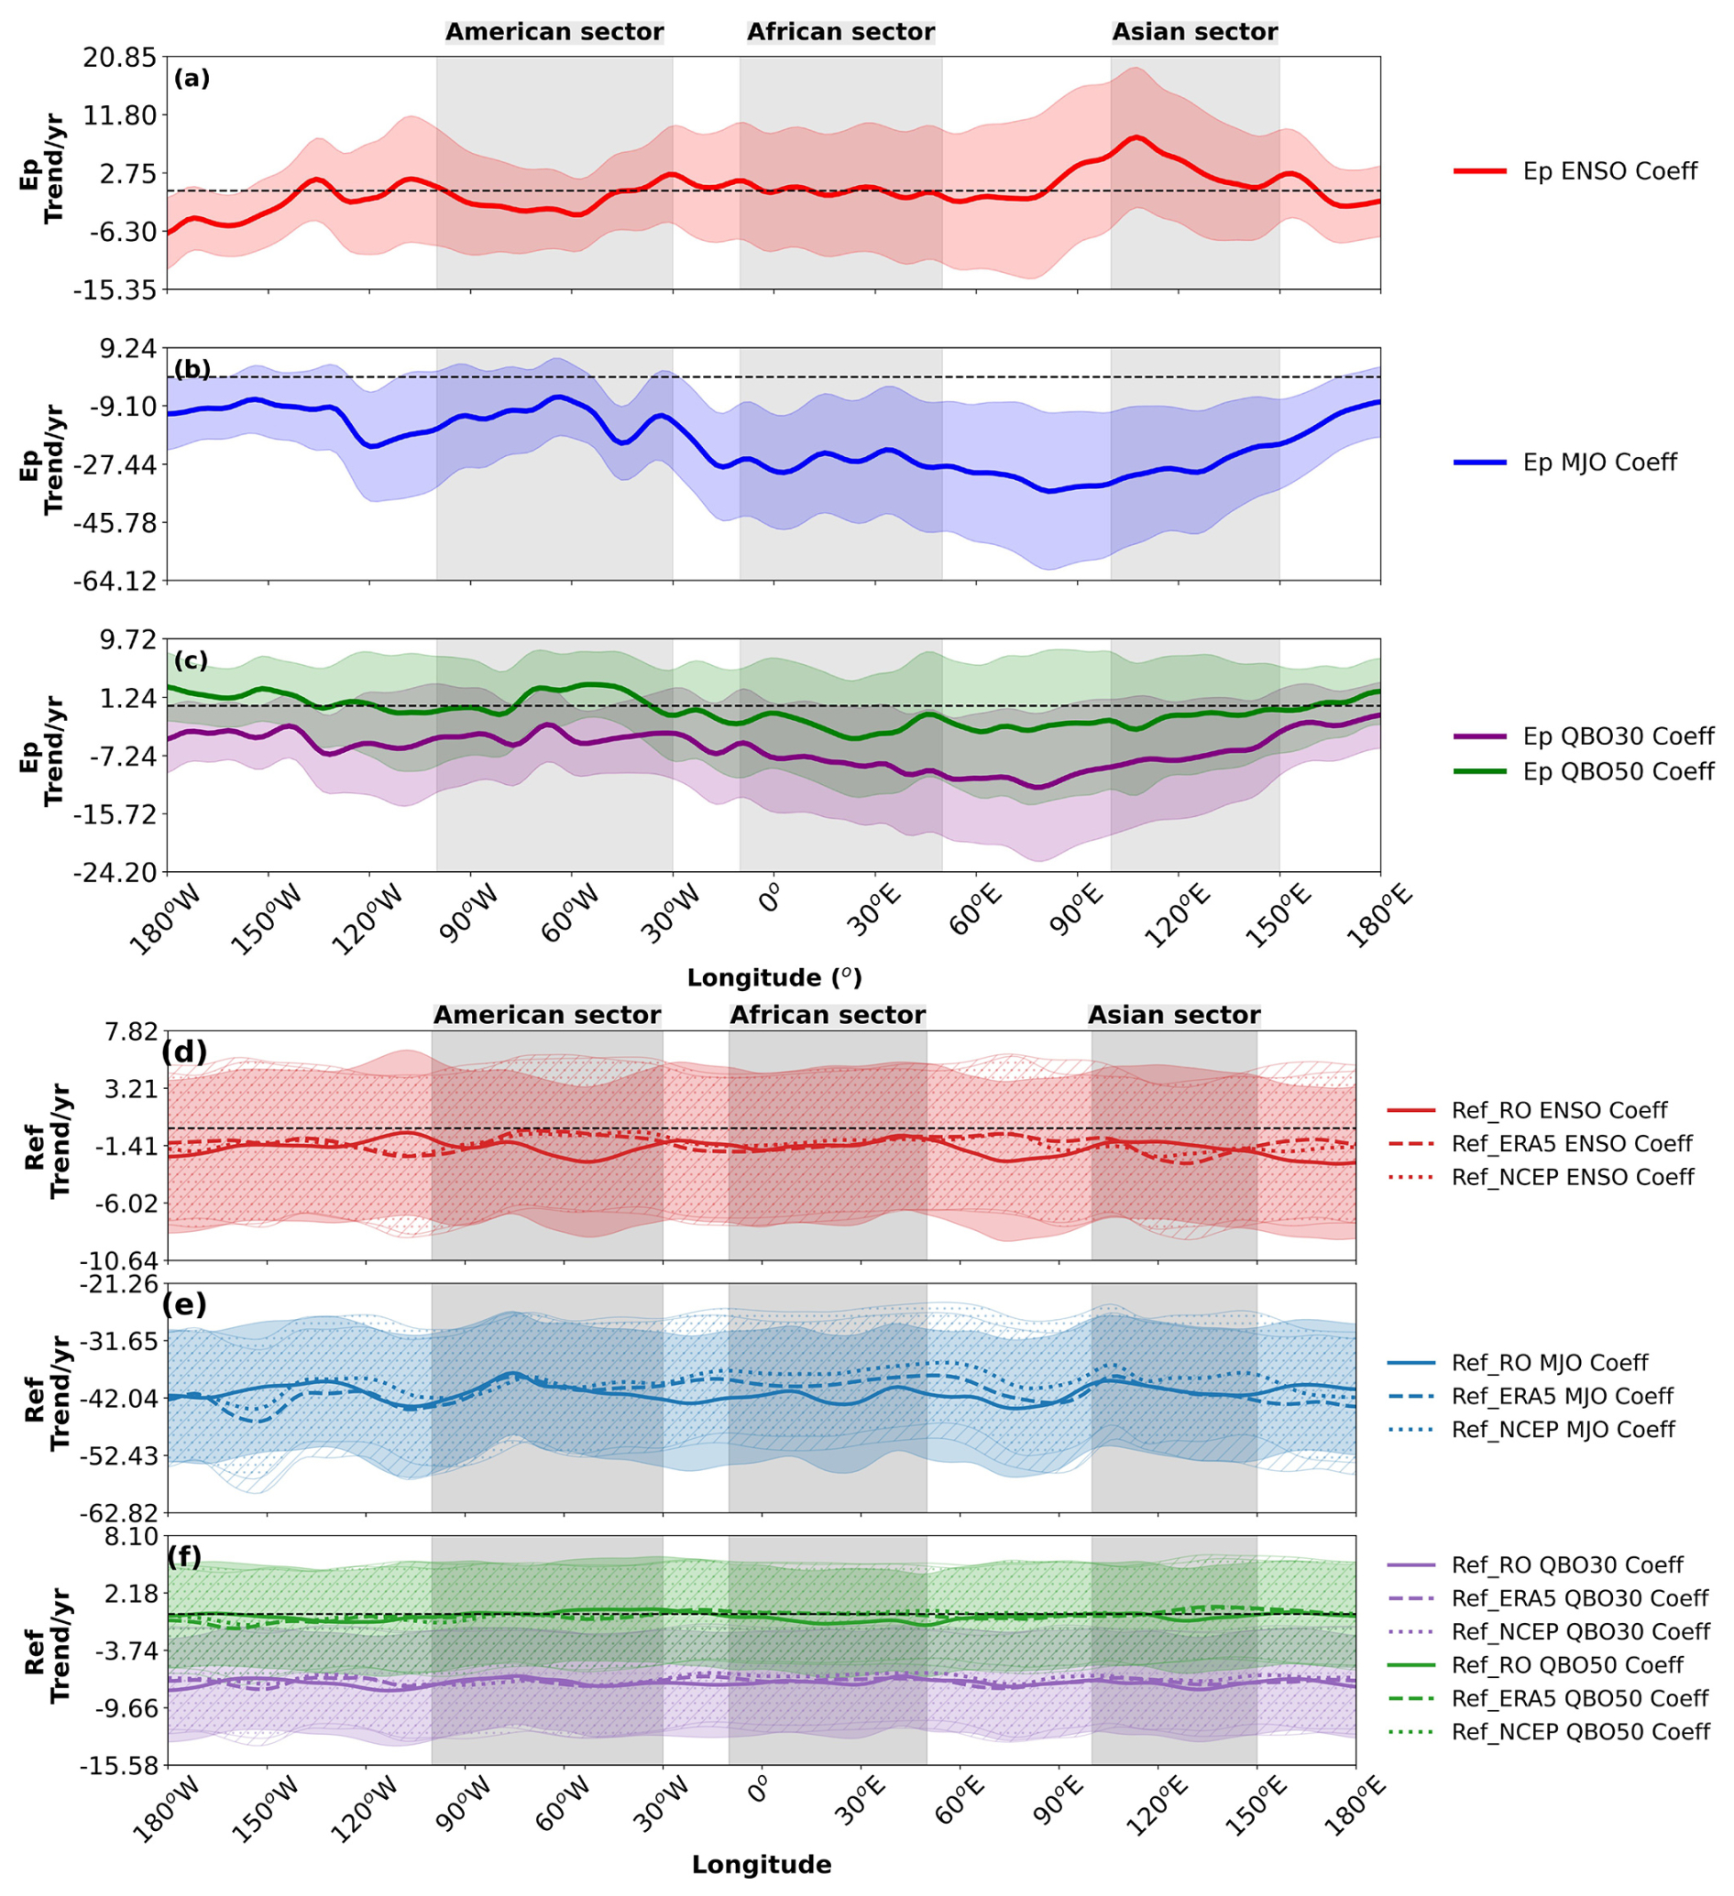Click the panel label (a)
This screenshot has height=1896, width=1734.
tap(192, 79)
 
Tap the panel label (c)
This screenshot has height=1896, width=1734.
tap(191, 660)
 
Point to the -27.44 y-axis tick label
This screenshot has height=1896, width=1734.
tap(116, 464)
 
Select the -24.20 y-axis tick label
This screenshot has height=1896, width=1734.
tap(116, 872)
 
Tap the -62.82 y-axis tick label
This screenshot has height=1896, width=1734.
tap(116, 1513)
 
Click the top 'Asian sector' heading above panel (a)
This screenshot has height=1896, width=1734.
tap(1195, 32)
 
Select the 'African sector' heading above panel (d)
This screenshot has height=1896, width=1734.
tap(827, 1015)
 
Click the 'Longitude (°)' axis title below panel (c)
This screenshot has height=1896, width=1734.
tap(774, 977)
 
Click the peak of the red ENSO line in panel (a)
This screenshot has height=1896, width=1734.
tap(1136, 137)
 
